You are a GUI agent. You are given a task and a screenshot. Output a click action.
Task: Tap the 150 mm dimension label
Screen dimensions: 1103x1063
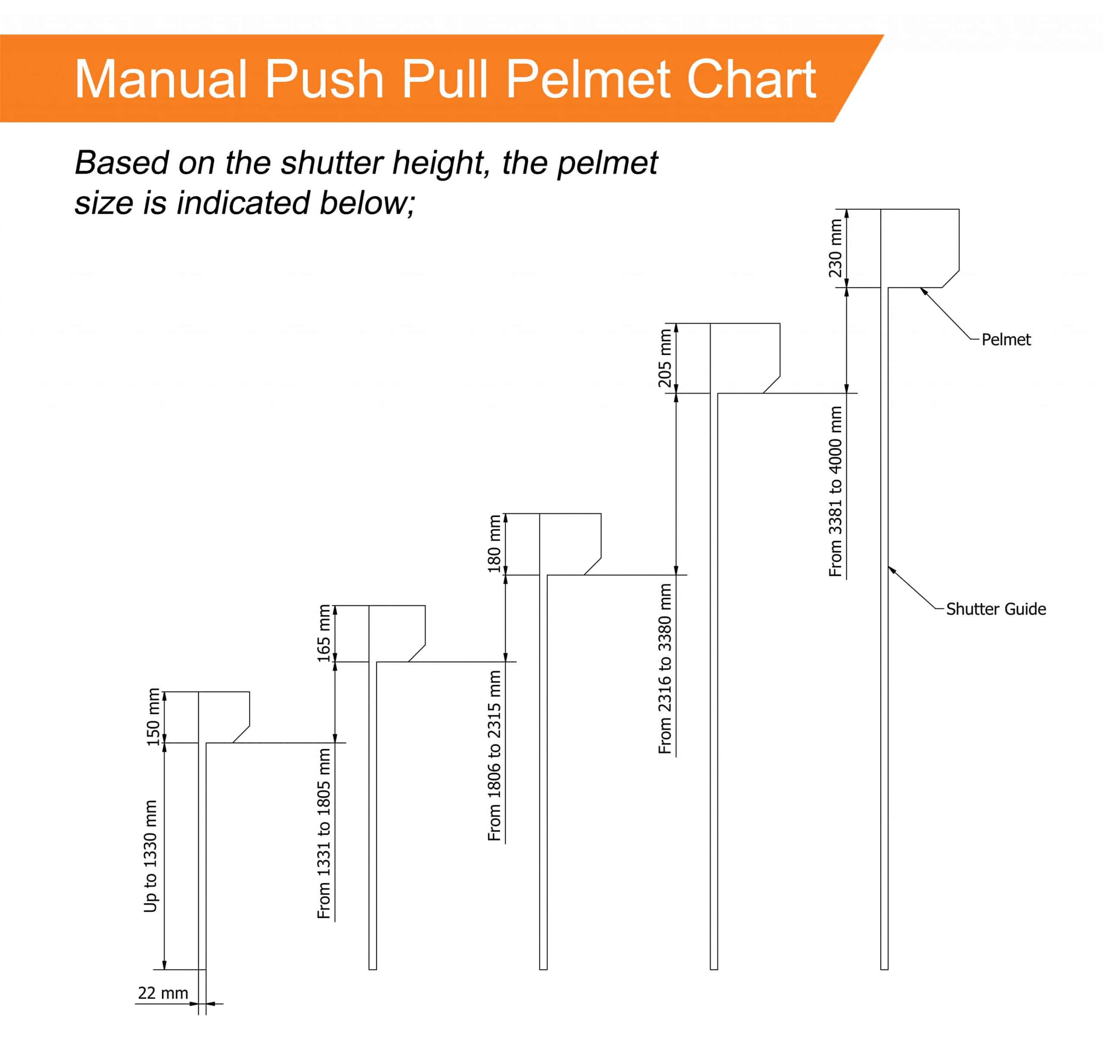tap(153, 717)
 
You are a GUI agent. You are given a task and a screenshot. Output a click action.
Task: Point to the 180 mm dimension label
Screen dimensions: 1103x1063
tap(494, 544)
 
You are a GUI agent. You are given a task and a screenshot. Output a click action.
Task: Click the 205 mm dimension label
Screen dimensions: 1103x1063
tap(665, 358)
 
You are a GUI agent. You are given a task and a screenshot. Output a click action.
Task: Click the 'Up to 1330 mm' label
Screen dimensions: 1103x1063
tap(150, 856)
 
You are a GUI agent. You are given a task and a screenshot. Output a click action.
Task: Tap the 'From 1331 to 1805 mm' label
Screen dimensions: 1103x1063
tap(324, 833)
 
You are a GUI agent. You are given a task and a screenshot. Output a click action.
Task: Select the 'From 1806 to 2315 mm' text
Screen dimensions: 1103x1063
tap(494, 756)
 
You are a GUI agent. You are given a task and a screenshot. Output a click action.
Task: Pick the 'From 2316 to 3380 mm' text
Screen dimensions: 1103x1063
tap(665, 669)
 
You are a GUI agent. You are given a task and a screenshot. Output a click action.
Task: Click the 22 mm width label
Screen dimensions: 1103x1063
tap(163, 993)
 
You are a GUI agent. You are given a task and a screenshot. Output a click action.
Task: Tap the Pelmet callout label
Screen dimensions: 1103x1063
tap(1006, 340)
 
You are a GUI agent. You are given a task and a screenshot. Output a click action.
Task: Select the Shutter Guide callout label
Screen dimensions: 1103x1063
tap(996, 609)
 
